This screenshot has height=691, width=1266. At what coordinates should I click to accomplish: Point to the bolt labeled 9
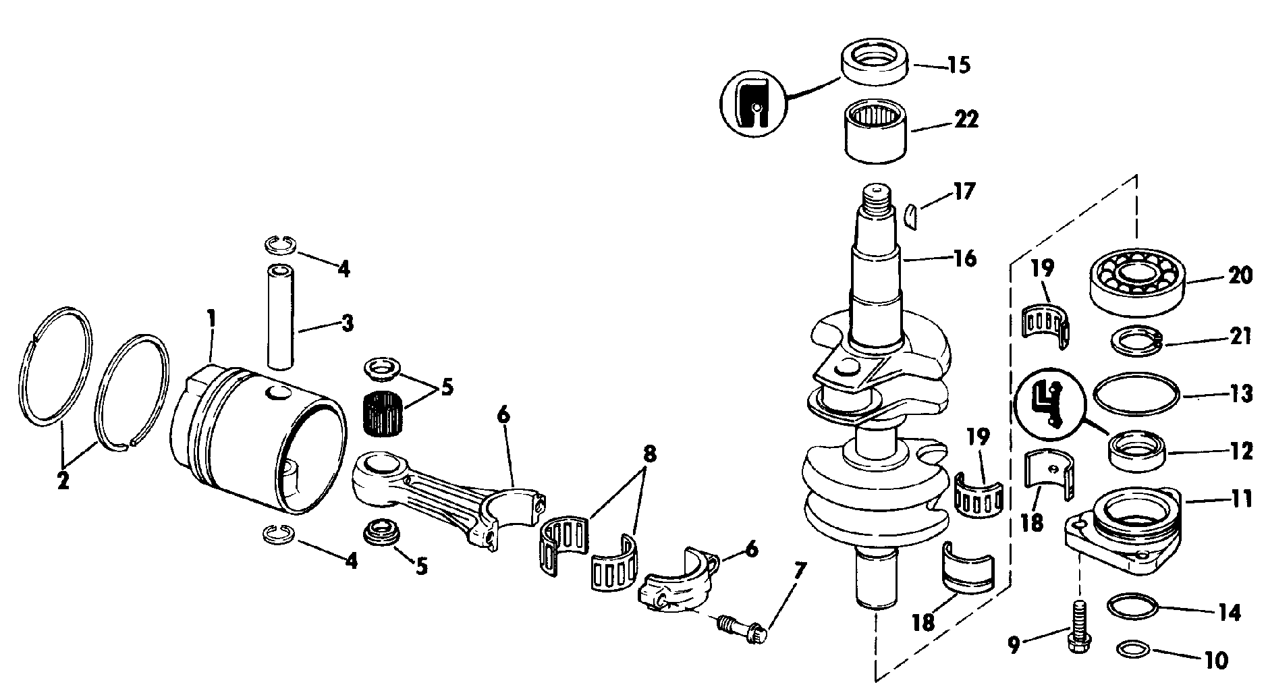1078,627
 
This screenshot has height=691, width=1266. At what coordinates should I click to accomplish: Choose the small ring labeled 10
1135,649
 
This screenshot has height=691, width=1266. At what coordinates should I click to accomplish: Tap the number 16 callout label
964,258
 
